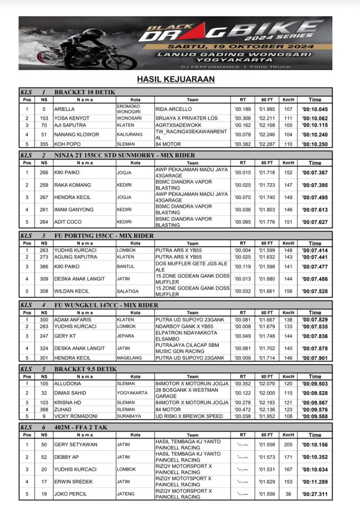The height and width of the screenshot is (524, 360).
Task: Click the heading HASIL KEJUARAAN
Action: (x=175, y=79)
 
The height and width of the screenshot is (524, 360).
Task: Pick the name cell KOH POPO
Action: (x=67, y=144)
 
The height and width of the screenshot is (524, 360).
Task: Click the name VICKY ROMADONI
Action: (x=77, y=416)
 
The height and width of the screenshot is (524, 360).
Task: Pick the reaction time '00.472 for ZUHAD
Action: (x=241, y=409)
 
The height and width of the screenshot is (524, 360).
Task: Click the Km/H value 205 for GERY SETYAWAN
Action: (x=289, y=445)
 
